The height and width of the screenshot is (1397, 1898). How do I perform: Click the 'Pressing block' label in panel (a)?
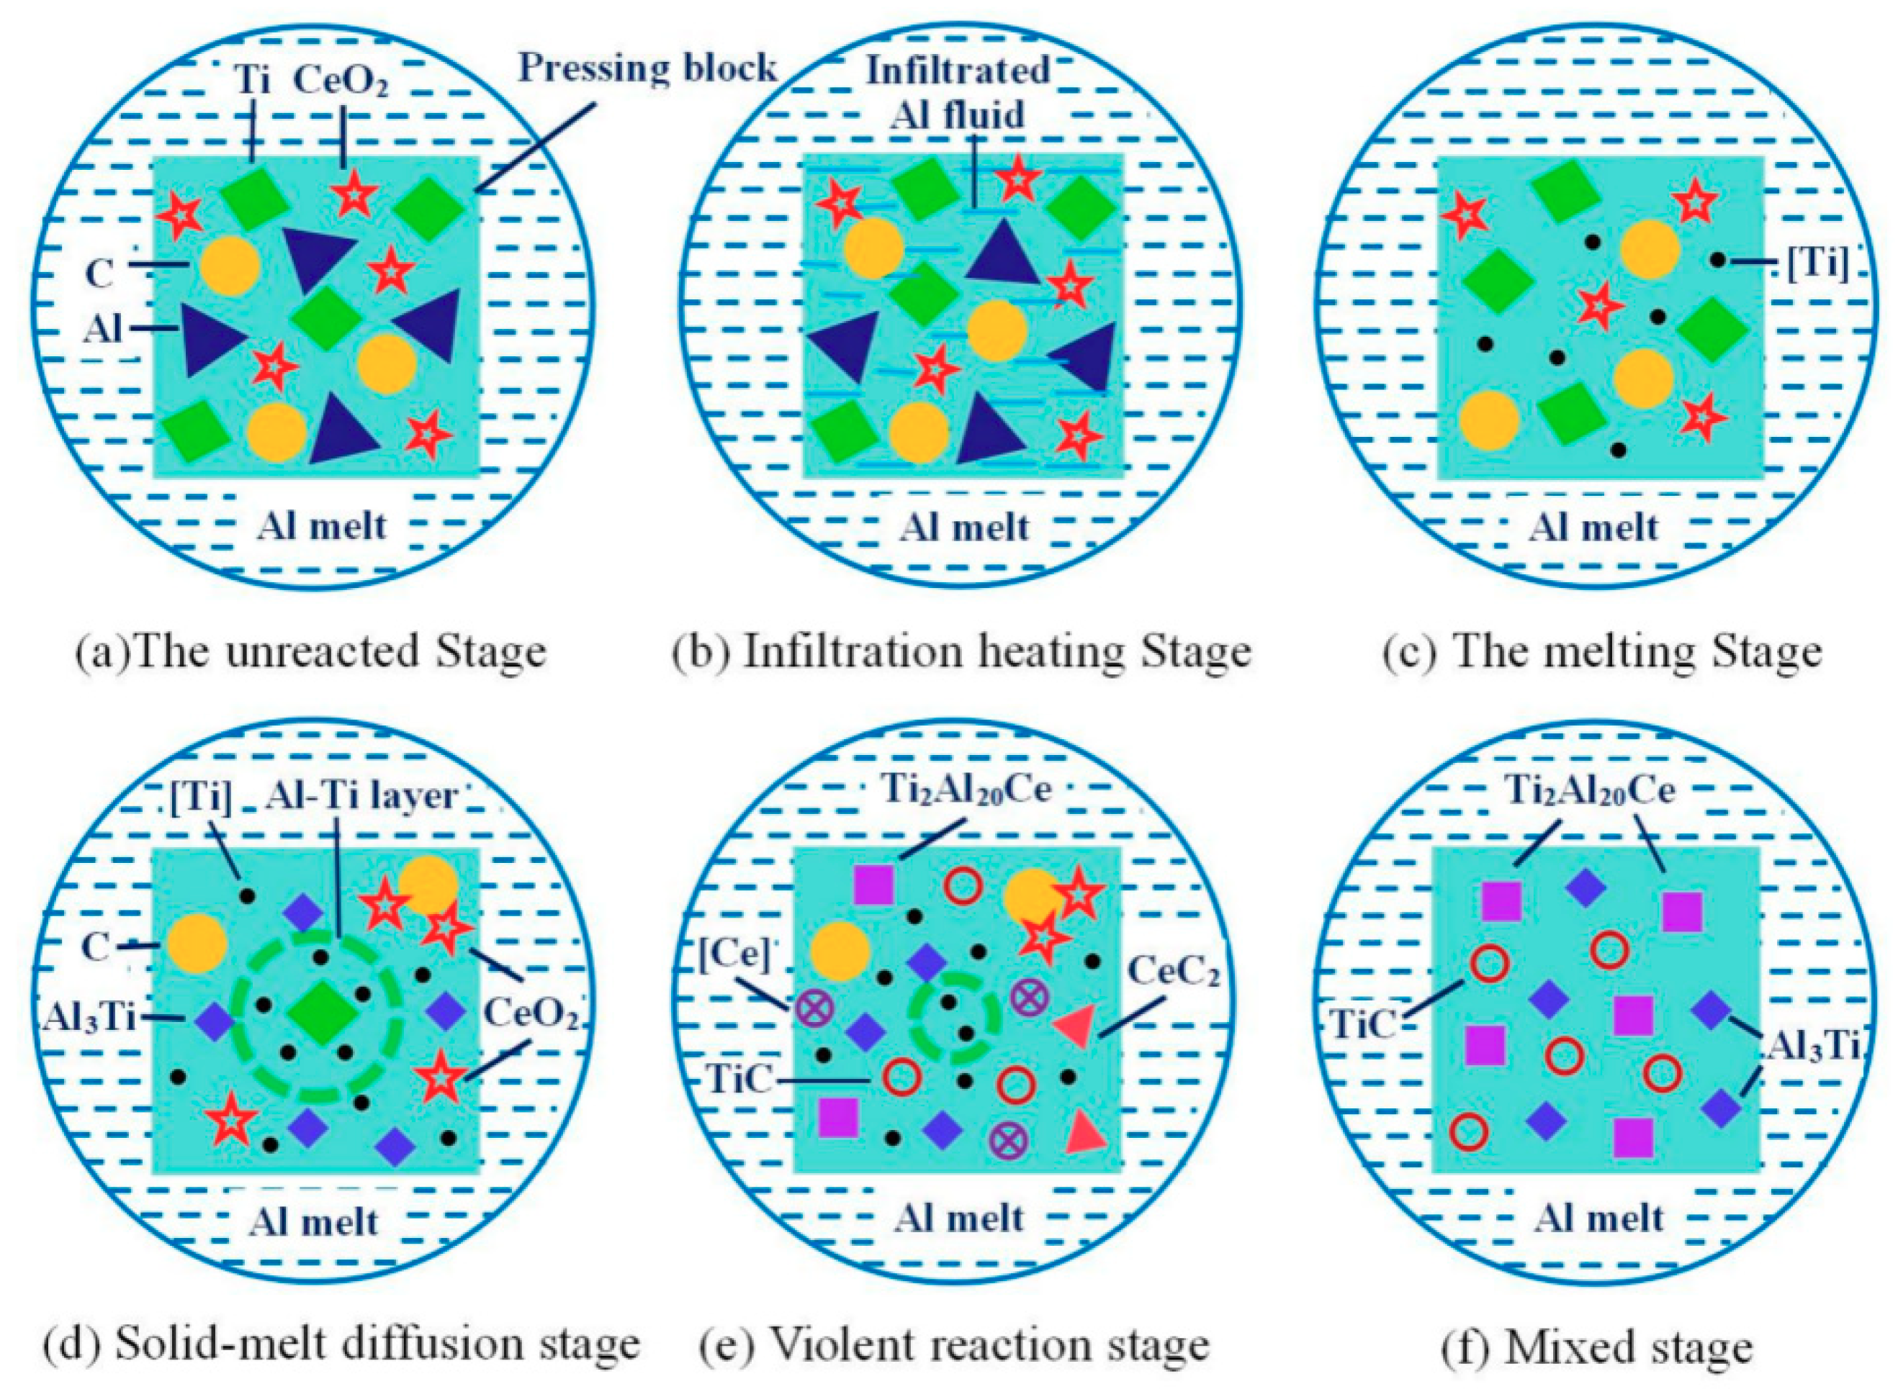[x=647, y=68]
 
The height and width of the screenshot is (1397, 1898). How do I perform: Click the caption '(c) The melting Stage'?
[x=1602, y=651]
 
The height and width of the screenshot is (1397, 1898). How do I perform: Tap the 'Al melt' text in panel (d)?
[x=314, y=1222]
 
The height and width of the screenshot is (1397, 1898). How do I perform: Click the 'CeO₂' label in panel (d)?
[x=531, y=1013]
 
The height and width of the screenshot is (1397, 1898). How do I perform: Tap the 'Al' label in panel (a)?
[x=103, y=328]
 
